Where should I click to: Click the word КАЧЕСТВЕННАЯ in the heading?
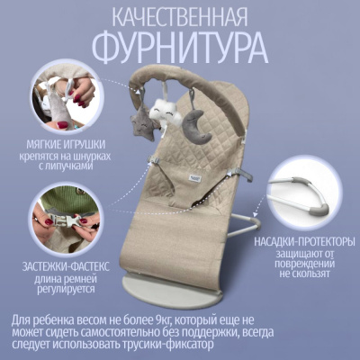click(180, 18)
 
